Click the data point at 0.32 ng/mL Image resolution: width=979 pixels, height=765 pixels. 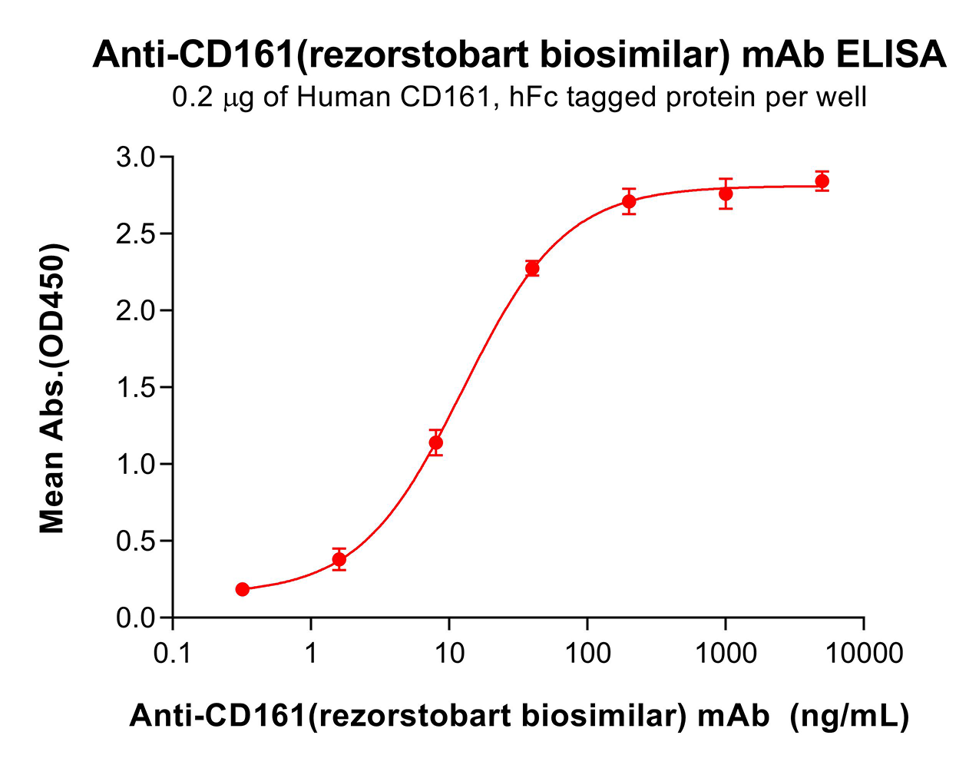(243, 589)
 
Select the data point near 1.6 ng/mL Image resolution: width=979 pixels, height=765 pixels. (339, 560)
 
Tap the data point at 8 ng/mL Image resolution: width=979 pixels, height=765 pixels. (436, 442)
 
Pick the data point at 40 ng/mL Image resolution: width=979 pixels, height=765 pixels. (532, 268)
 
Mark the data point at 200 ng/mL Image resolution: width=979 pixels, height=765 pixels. (629, 202)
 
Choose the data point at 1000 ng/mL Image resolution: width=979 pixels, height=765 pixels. (726, 194)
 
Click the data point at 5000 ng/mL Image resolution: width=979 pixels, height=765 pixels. (822, 181)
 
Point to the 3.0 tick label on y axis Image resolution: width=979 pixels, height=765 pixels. (135, 157)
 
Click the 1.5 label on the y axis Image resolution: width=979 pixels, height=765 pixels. (135, 388)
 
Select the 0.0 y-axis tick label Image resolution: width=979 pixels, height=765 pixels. (135, 618)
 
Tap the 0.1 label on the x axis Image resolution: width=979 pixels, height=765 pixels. (172, 654)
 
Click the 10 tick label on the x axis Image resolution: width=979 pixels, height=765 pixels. (449, 654)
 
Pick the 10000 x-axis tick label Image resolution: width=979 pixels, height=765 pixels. (864, 654)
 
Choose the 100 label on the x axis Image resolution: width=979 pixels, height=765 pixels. (587, 654)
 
